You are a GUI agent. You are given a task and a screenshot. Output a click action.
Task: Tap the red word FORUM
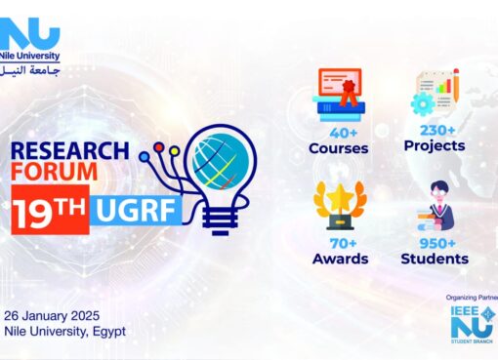click(x=55, y=171)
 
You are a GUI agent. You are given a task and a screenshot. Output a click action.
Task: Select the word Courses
click(x=339, y=149)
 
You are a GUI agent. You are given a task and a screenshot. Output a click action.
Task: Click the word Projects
click(x=435, y=145)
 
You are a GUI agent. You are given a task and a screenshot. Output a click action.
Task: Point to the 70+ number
click(x=339, y=243)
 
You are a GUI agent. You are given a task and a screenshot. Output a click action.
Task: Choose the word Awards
click(x=339, y=259)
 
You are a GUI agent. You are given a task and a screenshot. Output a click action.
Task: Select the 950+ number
click(x=435, y=243)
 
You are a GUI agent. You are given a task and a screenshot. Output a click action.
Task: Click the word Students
click(x=435, y=259)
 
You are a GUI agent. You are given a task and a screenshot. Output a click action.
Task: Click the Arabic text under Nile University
click(x=31, y=72)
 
